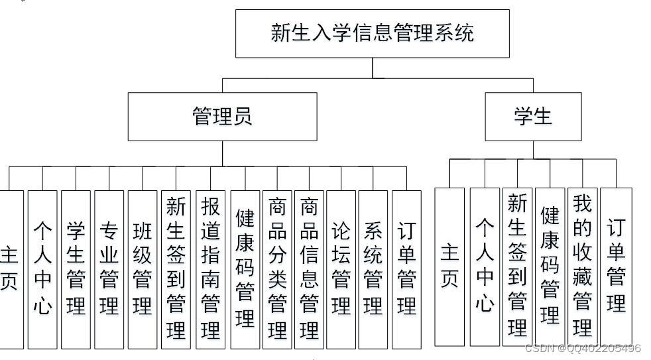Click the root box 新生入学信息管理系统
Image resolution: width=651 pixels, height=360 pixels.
point(373,33)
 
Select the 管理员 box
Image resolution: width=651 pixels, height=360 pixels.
point(222,117)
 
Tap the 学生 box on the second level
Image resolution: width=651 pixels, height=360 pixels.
point(533,117)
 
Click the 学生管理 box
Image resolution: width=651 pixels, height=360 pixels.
point(76,269)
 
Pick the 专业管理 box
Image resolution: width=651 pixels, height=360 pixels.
point(109,269)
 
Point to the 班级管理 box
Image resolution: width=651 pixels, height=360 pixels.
point(143,269)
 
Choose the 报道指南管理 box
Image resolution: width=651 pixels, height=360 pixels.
point(210,269)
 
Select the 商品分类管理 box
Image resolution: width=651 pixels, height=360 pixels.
point(277,269)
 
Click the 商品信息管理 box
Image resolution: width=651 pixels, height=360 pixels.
point(309,269)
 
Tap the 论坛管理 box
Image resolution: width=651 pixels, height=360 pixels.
point(341,269)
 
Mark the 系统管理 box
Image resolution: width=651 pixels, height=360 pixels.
point(373,269)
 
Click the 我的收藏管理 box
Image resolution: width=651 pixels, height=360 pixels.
point(582,266)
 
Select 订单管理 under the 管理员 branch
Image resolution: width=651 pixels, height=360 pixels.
point(406,269)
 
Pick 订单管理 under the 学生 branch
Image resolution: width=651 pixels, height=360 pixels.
point(616,266)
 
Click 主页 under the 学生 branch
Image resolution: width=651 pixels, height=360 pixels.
point(449,266)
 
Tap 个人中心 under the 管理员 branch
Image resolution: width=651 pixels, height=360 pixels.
point(42,269)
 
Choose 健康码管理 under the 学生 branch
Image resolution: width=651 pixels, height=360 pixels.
point(550,266)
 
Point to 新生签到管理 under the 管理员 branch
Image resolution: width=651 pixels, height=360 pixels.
point(176,269)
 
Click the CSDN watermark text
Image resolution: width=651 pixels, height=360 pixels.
point(583,348)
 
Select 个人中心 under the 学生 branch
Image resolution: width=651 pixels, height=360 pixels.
point(485,266)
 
